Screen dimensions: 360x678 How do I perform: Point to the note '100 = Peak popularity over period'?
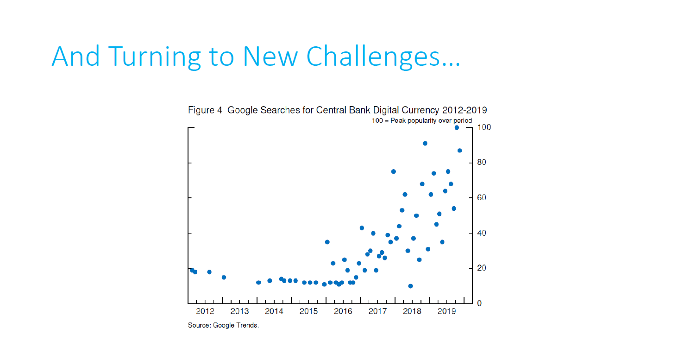pos(422,120)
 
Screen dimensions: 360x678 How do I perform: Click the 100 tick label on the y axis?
pos(485,127)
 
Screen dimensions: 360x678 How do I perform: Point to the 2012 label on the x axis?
pos(205,311)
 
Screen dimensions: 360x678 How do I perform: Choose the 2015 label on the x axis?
pos(308,311)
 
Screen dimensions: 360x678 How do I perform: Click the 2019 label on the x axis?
pos(447,311)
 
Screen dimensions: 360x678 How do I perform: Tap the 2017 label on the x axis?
pos(378,311)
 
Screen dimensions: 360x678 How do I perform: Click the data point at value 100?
pos(457,127)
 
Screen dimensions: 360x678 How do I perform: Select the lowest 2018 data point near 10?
pos(410,286)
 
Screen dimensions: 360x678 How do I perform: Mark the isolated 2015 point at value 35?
pos(327,242)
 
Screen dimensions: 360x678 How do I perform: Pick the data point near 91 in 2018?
pos(425,143)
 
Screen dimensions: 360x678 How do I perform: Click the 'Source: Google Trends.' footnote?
pos(223,325)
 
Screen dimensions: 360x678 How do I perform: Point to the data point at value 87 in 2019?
pos(459,151)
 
